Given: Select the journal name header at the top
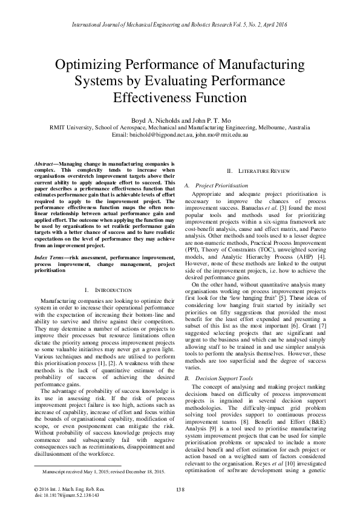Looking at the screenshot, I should coord(180,25).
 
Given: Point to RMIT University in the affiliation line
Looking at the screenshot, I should coord(68,128).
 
